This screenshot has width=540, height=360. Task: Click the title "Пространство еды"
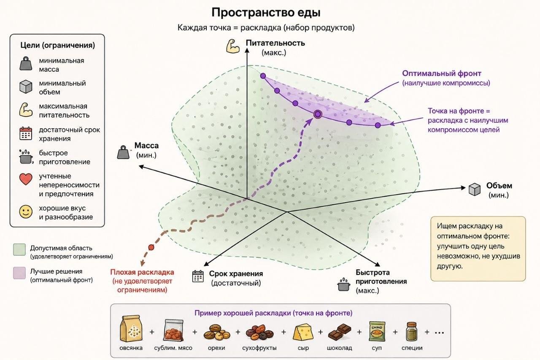[x=266, y=13]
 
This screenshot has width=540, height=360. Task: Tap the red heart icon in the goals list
[x=26, y=179]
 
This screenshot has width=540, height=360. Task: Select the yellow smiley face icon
[x=26, y=212]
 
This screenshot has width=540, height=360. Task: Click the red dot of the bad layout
[x=151, y=247]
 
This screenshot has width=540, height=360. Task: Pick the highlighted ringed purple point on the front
[x=318, y=114]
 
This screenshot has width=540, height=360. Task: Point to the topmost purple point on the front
[x=263, y=76]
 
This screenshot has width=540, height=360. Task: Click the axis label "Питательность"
[x=275, y=43]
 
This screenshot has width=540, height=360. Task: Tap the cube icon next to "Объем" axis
[x=475, y=189]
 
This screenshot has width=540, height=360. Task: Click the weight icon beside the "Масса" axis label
[x=123, y=152]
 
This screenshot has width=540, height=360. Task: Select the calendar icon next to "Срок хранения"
[x=198, y=276]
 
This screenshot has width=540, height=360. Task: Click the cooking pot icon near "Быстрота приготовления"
[x=344, y=285]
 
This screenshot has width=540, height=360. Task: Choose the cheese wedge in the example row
[x=303, y=332]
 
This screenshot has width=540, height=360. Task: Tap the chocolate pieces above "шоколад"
[x=340, y=332]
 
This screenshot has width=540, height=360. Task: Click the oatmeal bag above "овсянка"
[x=131, y=328]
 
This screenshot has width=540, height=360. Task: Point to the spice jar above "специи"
[x=411, y=331]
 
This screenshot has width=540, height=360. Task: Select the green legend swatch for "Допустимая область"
[x=19, y=249]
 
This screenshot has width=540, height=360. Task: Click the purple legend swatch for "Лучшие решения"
[x=19, y=273]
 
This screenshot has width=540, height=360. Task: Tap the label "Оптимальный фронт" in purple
[x=442, y=73]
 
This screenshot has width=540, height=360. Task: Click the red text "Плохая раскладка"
[x=142, y=272]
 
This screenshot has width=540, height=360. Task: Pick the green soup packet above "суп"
[x=377, y=331]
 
